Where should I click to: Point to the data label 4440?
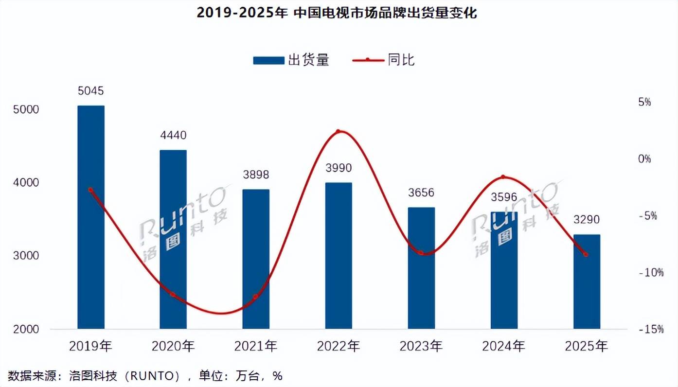(174, 135)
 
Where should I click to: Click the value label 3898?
(256, 175)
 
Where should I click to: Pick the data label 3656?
(421, 192)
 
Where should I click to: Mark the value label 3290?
(587, 219)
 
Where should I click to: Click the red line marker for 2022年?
(339, 132)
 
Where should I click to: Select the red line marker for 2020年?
(173, 294)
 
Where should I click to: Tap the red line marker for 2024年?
(503, 177)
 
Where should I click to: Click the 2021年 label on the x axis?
(256, 346)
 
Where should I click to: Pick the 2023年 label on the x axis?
(421, 346)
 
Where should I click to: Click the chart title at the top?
(337, 13)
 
